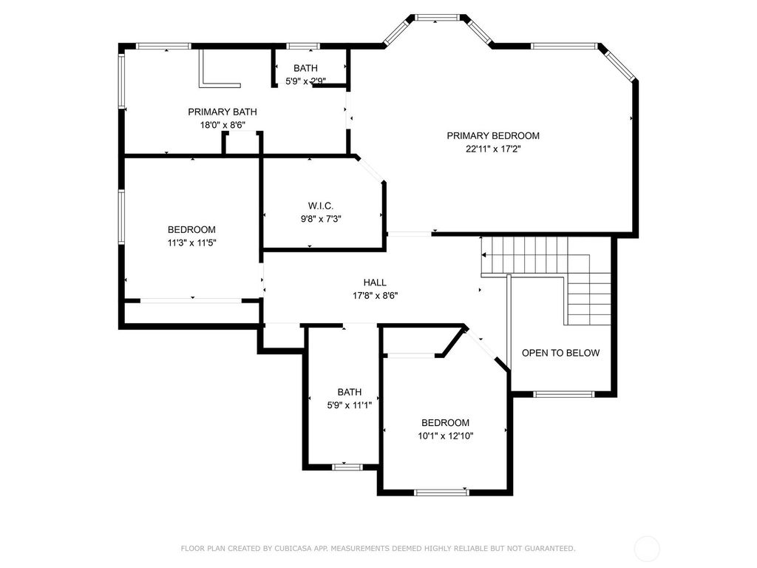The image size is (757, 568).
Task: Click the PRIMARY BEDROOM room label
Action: (492, 135)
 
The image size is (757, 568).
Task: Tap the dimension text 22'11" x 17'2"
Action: (492, 148)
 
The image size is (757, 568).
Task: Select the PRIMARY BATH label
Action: (223, 112)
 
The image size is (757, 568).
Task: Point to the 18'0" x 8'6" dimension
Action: (223, 125)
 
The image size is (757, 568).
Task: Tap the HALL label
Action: (375, 283)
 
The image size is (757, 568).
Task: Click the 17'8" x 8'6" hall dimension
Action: (375, 295)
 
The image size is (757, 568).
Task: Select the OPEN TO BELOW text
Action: (560, 353)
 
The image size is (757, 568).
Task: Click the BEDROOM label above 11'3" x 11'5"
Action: (191, 229)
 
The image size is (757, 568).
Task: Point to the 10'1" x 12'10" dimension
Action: (445, 436)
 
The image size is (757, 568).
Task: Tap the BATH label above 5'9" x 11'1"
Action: (350, 392)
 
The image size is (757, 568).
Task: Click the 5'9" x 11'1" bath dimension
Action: (350, 405)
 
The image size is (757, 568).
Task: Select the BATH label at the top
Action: (305, 68)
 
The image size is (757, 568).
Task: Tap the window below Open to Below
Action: (563, 393)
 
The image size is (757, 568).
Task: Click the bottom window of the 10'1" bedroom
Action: (441, 492)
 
